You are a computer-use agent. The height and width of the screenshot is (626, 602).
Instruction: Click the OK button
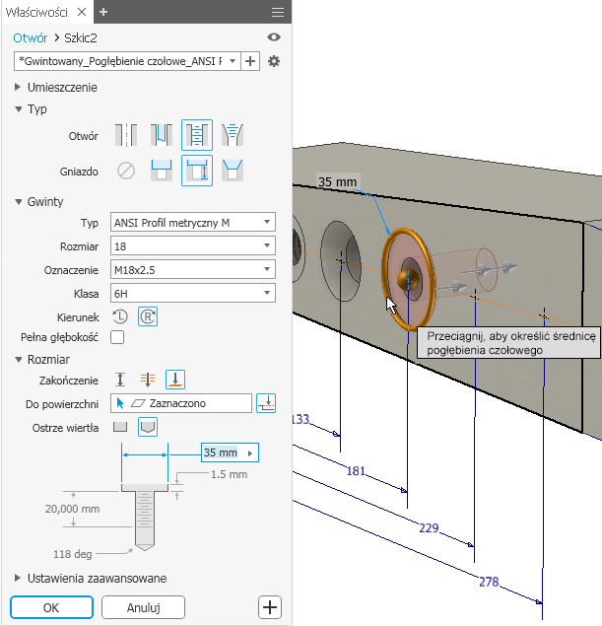click(51, 607)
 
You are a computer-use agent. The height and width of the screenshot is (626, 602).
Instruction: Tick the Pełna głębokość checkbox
click(117, 337)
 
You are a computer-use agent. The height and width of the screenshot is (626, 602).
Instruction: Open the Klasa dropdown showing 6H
click(193, 294)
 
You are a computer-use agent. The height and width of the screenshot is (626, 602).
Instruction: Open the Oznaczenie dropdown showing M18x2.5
click(193, 270)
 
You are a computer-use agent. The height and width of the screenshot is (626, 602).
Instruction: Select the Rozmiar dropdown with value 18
click(193, 245)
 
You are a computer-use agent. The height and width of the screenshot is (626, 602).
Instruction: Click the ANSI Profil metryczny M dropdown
click(193, 223)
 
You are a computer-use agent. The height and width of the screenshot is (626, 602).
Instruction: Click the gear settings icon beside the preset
click(274, 61)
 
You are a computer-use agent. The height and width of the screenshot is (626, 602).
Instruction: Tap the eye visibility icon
click(274, 37)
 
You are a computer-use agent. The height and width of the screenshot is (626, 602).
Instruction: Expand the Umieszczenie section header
click(62, 88)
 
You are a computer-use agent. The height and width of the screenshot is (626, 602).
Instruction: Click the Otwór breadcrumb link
click(30, 37)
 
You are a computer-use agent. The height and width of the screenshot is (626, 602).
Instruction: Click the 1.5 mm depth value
click(229, 474)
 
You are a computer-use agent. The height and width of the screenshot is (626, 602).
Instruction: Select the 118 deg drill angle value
click(73, 554)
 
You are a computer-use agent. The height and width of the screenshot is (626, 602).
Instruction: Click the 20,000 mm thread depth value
click(72, 509)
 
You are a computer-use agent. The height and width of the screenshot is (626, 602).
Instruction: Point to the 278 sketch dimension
click(489, 582)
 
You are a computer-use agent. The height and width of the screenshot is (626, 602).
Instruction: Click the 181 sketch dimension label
click(356, 471)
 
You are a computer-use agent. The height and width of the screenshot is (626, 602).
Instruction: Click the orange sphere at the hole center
click(408, 279)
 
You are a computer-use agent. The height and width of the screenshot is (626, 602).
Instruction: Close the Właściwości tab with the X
click(82, 12)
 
